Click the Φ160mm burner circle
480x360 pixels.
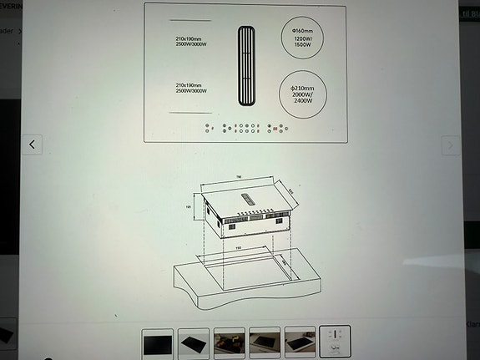click(x=301, y=43)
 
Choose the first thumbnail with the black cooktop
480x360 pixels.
click(x=159, y=342)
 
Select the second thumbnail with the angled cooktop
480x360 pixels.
click(x=194, y=342)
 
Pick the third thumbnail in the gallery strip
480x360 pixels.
click(x=229, y=342)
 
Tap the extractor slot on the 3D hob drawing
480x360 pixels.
click(x=250, y=196)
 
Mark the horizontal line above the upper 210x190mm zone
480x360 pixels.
click(x=190, y=19)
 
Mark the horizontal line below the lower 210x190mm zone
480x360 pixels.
click(x=190, y=112)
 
